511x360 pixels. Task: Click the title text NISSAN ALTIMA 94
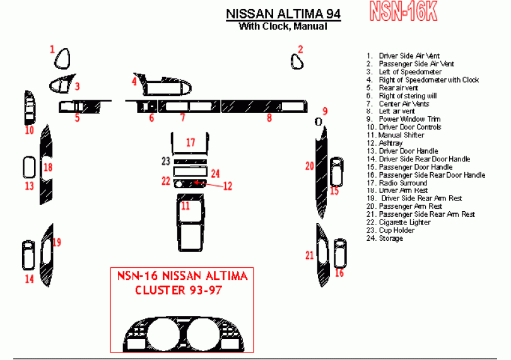click(x=283, y=14)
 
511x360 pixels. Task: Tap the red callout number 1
click(x=53, y=48)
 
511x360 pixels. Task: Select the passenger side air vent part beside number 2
click(x=297, y=61)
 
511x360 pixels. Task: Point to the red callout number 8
click(x=269, y=117)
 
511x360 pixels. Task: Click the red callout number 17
click(x=191, y=143)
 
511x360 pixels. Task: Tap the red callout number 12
click(x=228, y=186)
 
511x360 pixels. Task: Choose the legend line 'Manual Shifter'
click(x=401, y=135)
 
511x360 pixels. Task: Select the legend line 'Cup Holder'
click(x=396, y=230)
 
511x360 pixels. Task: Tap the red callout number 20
click(x=309, y=166)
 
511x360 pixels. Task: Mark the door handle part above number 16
click(x=340, y=252)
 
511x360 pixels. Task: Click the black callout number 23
click(x=165, y=161)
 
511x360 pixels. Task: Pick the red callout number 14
click(x=29, y=278)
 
